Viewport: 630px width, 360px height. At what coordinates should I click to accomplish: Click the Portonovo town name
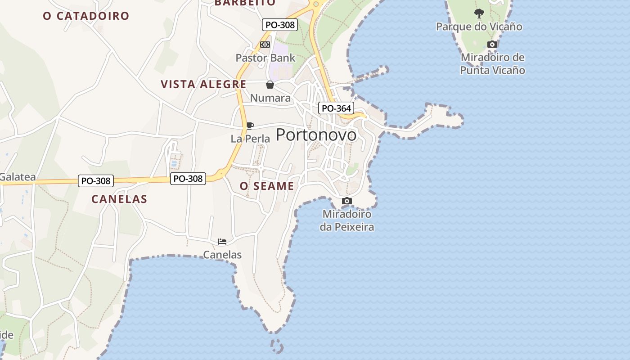316,135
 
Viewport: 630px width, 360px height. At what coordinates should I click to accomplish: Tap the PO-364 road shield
336,108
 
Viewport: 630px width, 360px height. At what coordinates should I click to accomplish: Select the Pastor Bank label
265,58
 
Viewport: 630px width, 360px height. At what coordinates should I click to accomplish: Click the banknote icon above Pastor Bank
265,45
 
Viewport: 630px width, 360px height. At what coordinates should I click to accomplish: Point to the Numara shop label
270,98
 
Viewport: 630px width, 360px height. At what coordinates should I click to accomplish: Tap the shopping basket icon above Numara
270,85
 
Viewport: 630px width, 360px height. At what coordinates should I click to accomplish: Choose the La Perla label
250,139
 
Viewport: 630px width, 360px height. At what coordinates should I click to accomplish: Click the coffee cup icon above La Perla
250,126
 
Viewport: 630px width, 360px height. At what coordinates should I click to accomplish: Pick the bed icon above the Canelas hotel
222,242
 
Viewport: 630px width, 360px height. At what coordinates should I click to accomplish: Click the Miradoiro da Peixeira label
346,220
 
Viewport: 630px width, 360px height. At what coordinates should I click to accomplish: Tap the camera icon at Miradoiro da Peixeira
346,201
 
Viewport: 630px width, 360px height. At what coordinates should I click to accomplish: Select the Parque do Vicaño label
479,27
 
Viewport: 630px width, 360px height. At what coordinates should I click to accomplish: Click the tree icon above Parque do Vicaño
479,13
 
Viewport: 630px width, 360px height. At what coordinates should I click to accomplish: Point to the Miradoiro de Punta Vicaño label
493,64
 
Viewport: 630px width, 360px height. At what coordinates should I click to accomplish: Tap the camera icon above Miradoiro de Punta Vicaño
493,45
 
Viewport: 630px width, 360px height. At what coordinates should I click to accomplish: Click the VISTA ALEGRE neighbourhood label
203,84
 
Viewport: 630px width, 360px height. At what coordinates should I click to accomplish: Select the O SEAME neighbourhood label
267,186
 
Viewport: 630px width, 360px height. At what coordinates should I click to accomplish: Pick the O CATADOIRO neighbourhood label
86,16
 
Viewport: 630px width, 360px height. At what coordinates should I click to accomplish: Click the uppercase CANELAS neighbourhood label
119,199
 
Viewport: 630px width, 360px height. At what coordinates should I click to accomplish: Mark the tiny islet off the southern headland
277,346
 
